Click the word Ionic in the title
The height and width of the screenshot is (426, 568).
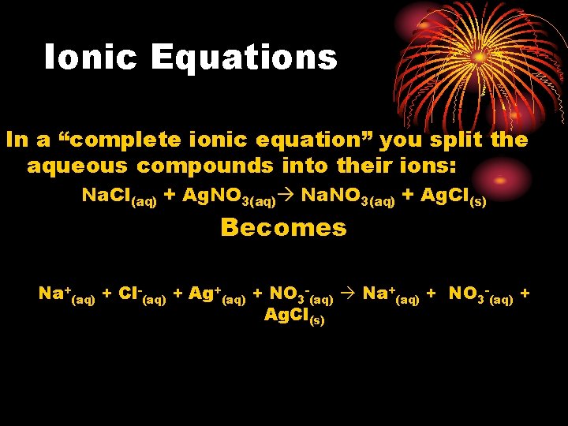[92, 57]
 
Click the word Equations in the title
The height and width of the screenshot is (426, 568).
[244, 57]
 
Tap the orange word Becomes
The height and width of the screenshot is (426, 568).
[283, 227]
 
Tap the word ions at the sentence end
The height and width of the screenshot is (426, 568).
[425, 166]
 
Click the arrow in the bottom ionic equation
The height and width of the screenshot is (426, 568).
[348, 294]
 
